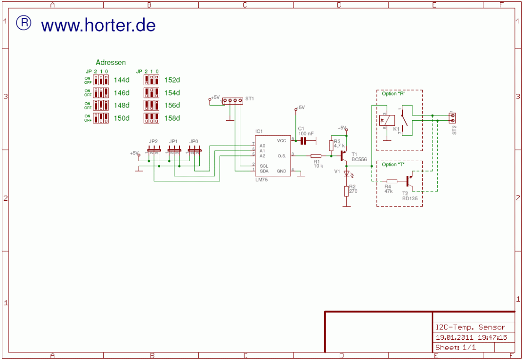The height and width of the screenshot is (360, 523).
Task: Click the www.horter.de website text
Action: pos(98,25)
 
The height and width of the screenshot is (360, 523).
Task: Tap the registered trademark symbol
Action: pos(24,23)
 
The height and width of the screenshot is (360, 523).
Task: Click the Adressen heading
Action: pos(111,62)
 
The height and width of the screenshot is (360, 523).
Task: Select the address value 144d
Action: pos(122,80)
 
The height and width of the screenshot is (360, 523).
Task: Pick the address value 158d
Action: pos(172,118)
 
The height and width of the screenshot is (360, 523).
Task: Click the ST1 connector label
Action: pos(250,99)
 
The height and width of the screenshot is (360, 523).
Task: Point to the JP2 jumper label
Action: pos(153,141)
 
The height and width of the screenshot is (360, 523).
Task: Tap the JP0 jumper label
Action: pos(194,141)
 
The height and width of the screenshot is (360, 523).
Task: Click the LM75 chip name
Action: pos(261,180)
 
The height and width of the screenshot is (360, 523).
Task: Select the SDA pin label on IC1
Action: pos(264,171)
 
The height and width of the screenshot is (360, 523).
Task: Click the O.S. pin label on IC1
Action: pos(282,155)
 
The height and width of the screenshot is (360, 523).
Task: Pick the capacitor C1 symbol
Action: pos(303,140)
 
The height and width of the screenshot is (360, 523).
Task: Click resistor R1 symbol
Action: pos(316,155)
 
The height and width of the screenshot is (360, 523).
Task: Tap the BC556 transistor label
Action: pos(359,160)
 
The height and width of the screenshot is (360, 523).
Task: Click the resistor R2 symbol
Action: pos(346,191)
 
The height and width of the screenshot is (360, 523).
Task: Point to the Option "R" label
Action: pos(394,93)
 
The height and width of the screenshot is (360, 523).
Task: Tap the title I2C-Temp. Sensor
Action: pos(470,327)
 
